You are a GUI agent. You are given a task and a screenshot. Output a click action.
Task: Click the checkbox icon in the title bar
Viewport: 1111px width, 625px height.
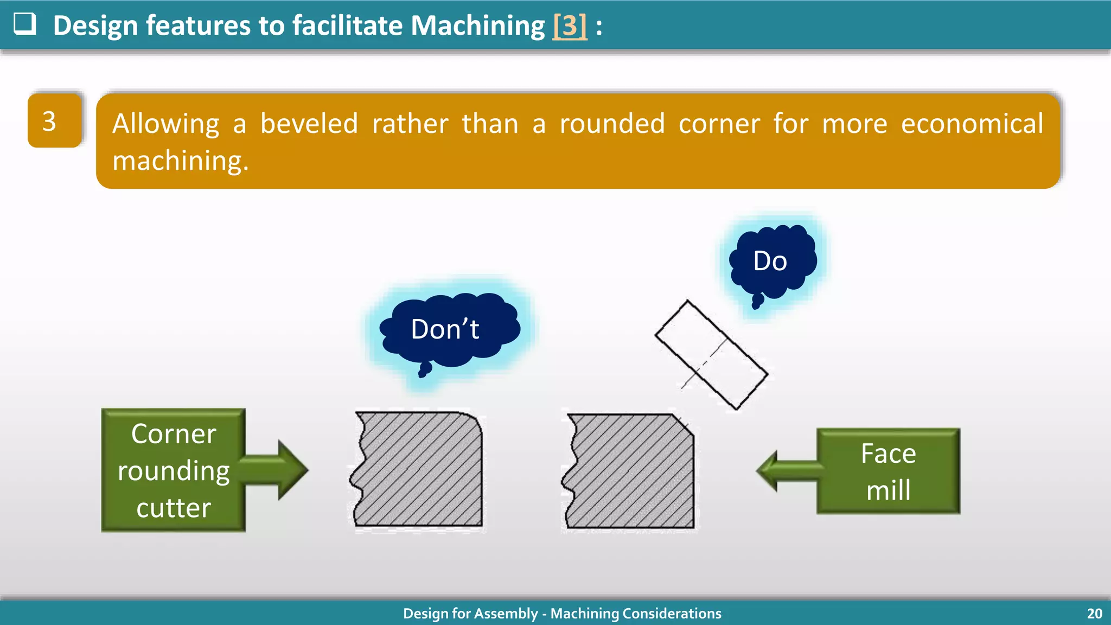(25, 24)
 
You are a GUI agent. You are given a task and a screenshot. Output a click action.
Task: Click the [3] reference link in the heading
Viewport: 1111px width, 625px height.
(569, 25)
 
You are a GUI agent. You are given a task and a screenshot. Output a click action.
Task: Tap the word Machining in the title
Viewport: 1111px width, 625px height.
(477, 25)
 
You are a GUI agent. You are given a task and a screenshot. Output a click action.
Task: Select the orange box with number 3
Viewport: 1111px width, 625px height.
(54, 120)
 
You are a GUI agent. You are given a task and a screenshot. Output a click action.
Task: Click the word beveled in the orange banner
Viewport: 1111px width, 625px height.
(309, 124)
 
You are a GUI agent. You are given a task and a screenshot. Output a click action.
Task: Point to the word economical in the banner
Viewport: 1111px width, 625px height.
(972, 124)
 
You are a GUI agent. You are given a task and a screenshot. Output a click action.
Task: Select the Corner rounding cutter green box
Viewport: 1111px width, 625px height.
(174, 470)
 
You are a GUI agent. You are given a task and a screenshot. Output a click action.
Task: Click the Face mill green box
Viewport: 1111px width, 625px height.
(888, 471)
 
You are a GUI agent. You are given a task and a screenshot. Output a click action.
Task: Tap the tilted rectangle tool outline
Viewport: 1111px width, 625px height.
(711, 355)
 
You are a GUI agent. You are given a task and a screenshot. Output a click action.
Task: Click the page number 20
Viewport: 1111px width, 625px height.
(1094, 614)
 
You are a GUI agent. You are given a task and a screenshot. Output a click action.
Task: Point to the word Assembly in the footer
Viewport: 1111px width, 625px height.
(512, 614)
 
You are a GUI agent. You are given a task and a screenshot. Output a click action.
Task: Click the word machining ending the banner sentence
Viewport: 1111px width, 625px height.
(180, 161)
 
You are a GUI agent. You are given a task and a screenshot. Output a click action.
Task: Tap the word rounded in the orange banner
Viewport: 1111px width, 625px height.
(612, 124)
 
